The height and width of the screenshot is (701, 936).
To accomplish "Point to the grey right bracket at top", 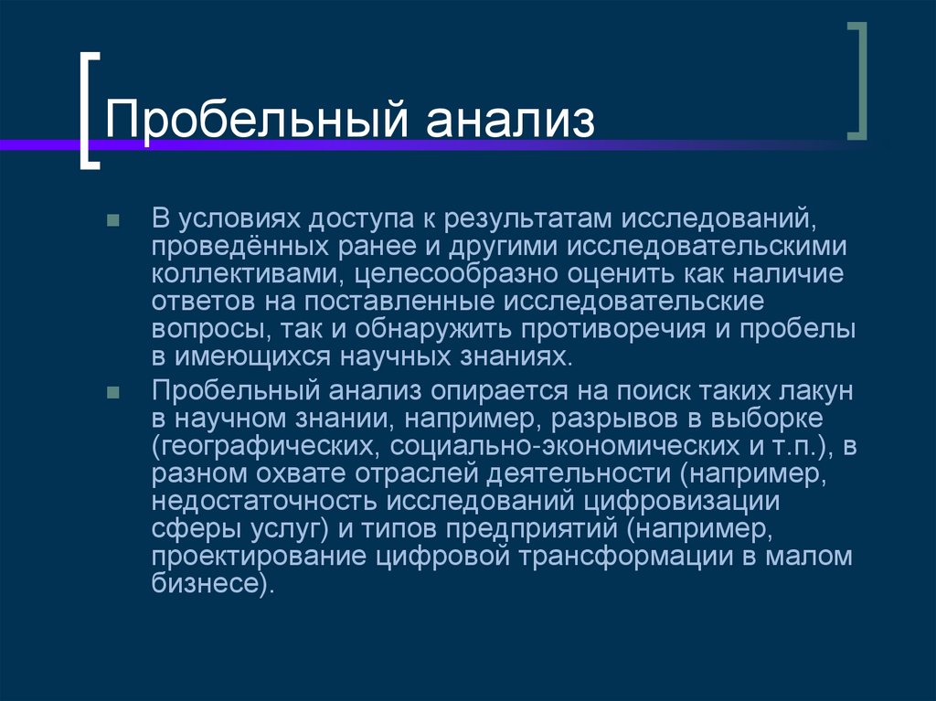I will click(x=856, y=81).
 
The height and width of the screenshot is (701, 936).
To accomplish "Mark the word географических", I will click(x=265, y=446).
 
